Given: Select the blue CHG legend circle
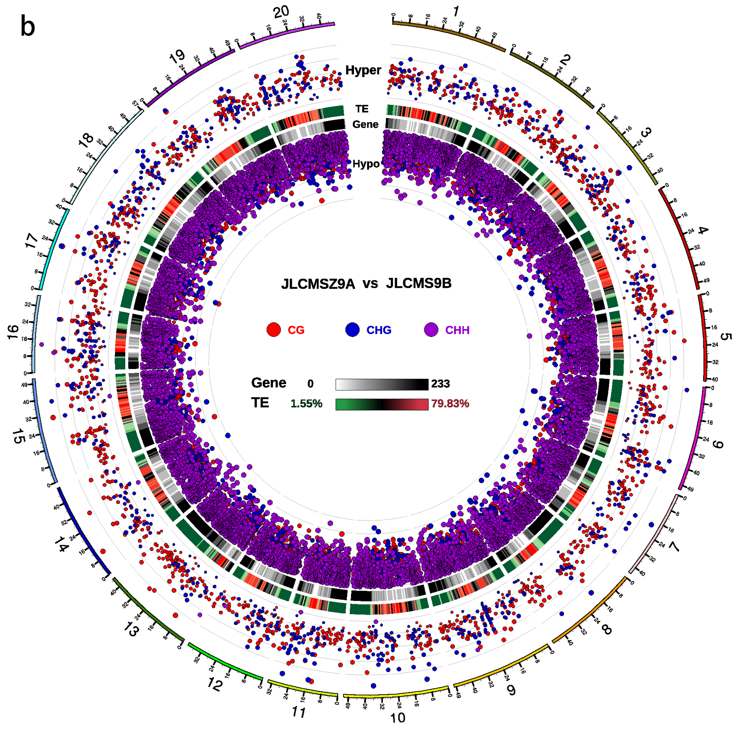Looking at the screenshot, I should [x=352, y=330].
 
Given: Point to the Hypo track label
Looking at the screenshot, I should [x=366, y=164].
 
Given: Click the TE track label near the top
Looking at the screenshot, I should [x=362, y=109].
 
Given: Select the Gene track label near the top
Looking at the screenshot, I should [x=365, y=124].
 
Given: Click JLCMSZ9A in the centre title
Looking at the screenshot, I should [x=318, y=284].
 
